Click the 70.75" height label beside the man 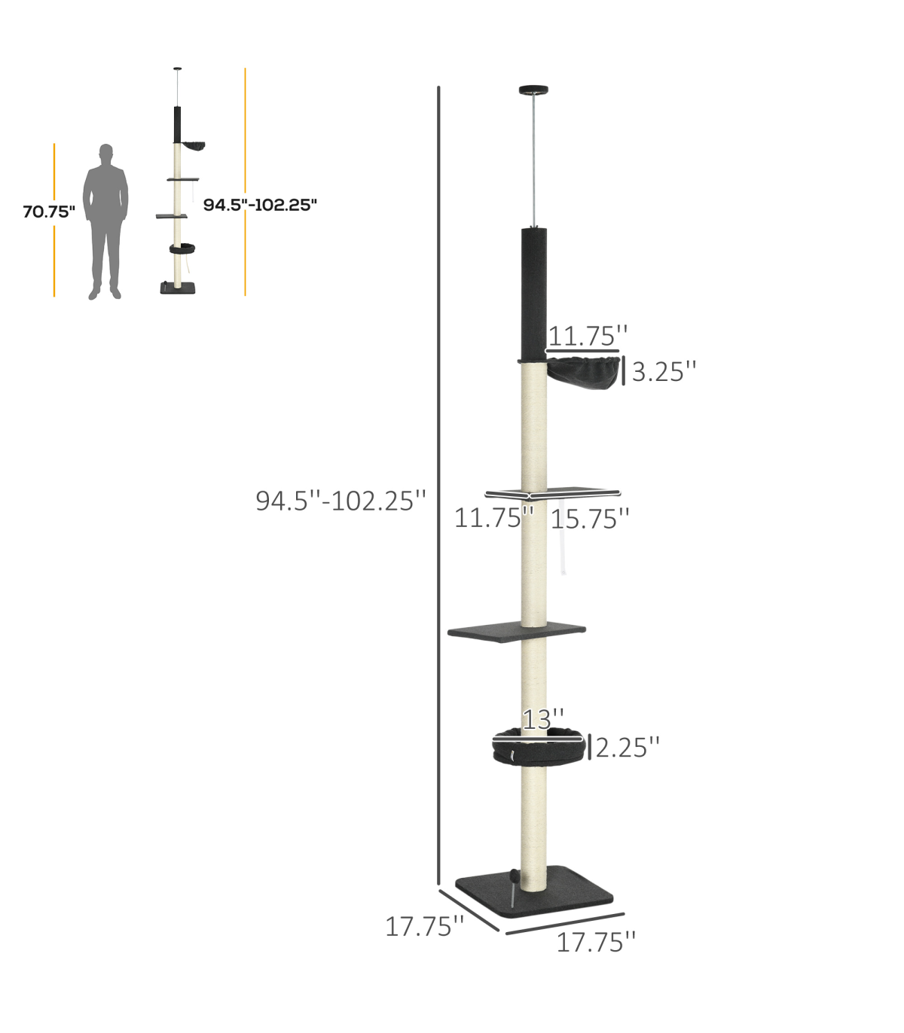tap(49, 212)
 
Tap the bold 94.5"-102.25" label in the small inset tap(260, 205)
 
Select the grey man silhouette tap(105, 221)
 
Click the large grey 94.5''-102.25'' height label tap(341, 501)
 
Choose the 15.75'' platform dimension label tap(590, 519)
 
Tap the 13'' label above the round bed tap(543, 720)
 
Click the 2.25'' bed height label tap(628, 748)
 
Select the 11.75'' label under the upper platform tap(494, 518)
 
